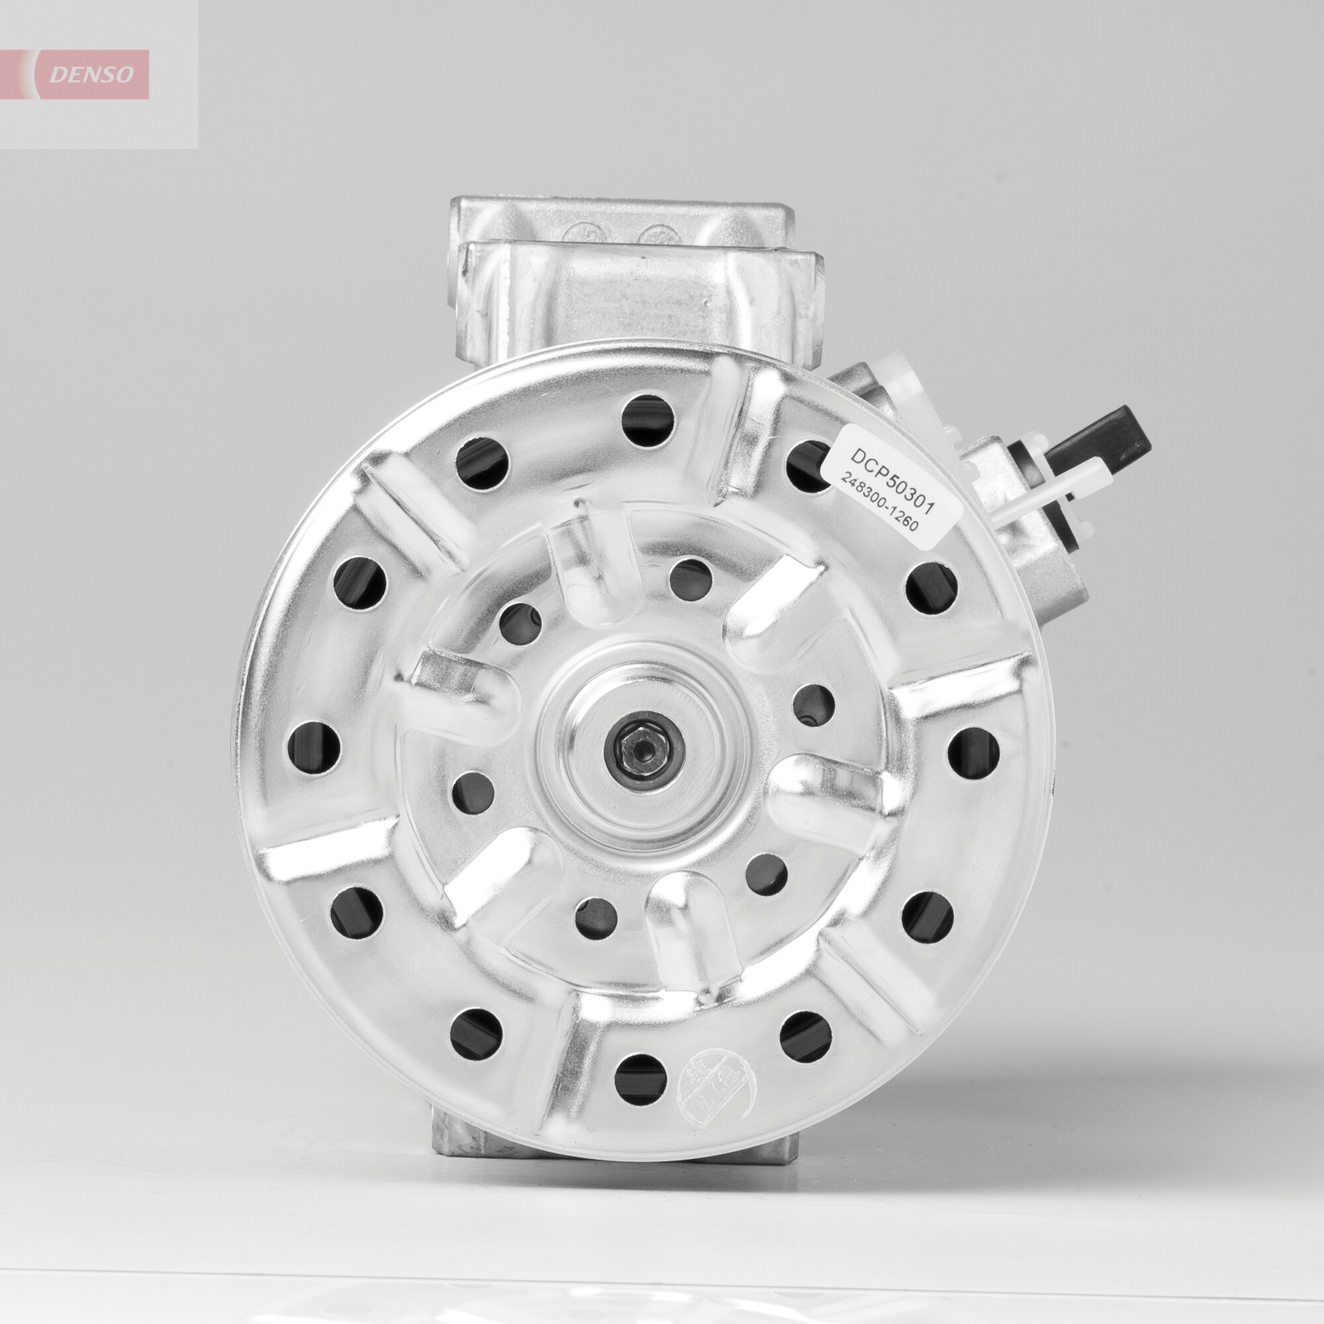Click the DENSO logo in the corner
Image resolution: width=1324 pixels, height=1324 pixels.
(x=93, y=75)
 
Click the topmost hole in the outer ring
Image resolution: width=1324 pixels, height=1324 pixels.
(x=647, y=420)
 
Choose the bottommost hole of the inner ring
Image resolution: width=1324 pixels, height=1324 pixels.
(x=596, y=919)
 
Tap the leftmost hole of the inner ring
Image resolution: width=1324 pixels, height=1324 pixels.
(x=473, y=792)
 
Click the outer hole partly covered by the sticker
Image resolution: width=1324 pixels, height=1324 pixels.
(x=809, y=466)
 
